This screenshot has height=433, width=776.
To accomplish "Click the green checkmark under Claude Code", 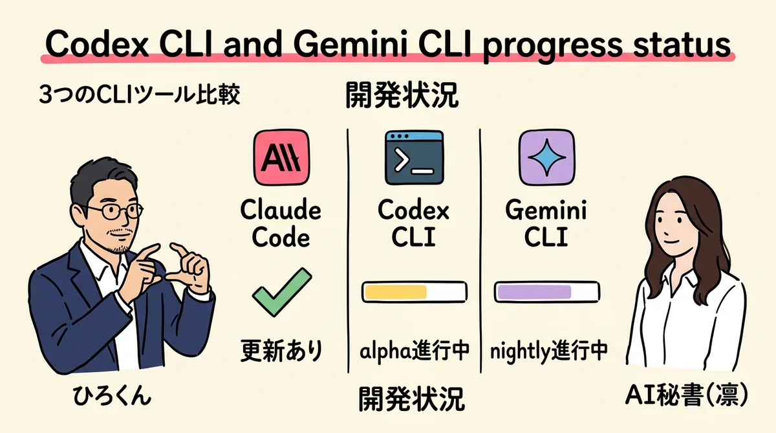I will (280, 295).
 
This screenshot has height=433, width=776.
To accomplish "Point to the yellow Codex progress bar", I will (414, 291).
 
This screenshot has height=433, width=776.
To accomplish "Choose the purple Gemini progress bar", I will (546, 291).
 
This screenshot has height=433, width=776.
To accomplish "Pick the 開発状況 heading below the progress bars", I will (411, 399).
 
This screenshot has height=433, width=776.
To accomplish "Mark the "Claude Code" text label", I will (280, 224).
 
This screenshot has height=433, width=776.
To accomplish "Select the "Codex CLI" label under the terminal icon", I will (414, 224).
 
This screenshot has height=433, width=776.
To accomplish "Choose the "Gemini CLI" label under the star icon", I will (546, 224).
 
